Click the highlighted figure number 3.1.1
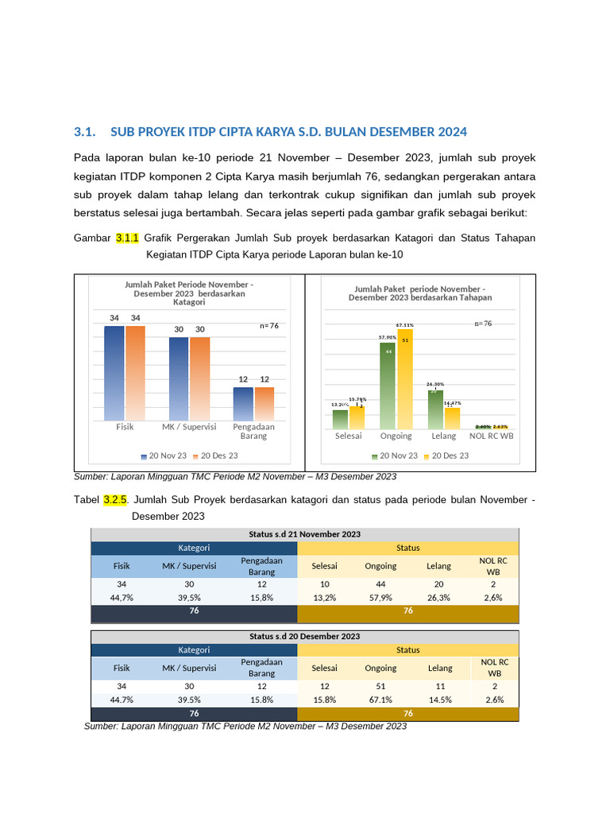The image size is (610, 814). [127, 238]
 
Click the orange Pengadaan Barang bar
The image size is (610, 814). [264, 403]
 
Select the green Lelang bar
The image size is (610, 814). [434, 409]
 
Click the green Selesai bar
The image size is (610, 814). [340, 419]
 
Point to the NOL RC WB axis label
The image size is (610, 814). [491, 436]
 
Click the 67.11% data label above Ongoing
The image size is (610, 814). [405, 324]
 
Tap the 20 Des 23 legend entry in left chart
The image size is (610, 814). [215, 455]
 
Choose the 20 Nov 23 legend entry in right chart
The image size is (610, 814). [394, 455]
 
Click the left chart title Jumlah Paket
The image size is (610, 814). [189, 293]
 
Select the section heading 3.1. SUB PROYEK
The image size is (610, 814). [270, 131]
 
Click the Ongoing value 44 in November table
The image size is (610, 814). [380, 583]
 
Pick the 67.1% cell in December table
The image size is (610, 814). [380, 700]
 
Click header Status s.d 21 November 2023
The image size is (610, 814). [304, 533]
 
